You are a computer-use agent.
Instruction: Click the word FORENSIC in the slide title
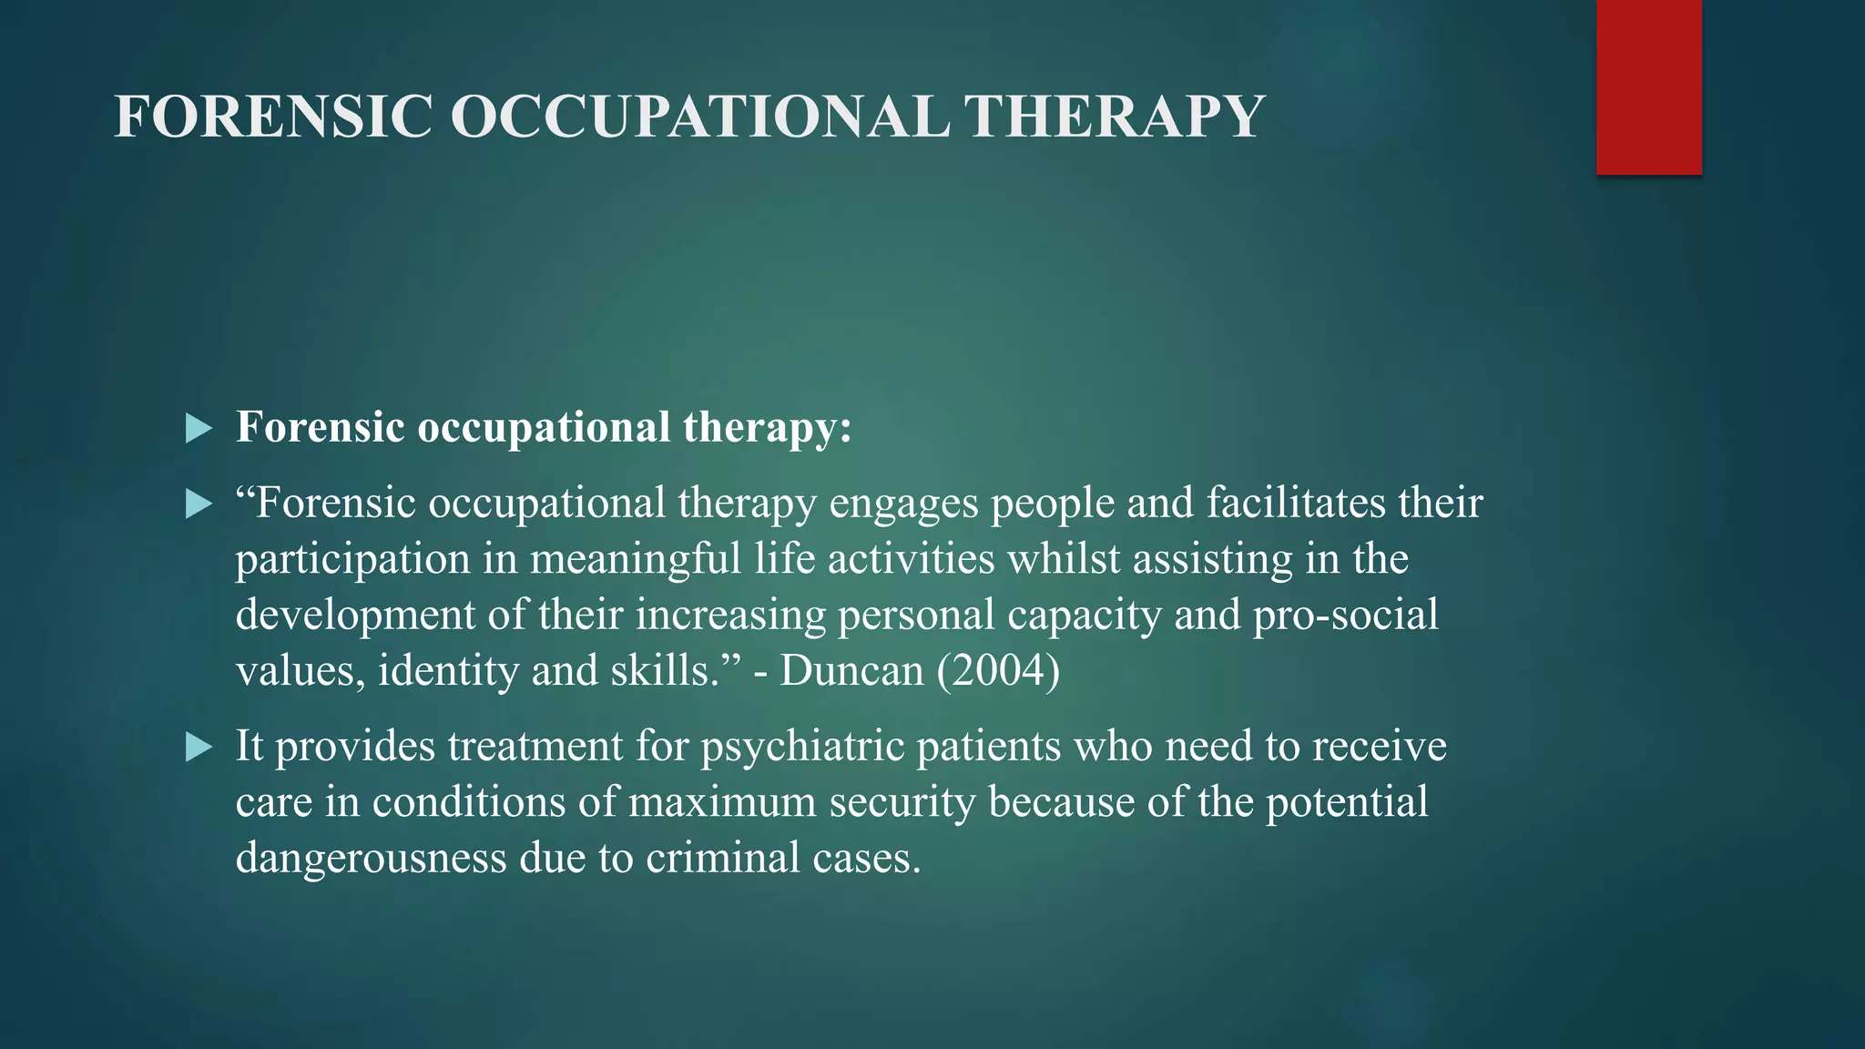point(273,117)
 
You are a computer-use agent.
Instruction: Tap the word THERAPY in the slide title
point(1114,117)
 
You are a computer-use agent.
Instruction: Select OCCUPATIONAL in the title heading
point(699,117)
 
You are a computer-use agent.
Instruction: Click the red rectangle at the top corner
point(1648,87)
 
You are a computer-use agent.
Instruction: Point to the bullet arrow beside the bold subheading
point(198,428)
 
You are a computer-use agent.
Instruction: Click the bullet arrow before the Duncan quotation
point(198,504)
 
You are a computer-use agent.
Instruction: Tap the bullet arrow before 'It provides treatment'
point(198,748)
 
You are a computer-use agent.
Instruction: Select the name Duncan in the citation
point(851,671)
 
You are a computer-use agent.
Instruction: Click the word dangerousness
point(371,858)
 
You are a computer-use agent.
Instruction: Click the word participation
point(352,559)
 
